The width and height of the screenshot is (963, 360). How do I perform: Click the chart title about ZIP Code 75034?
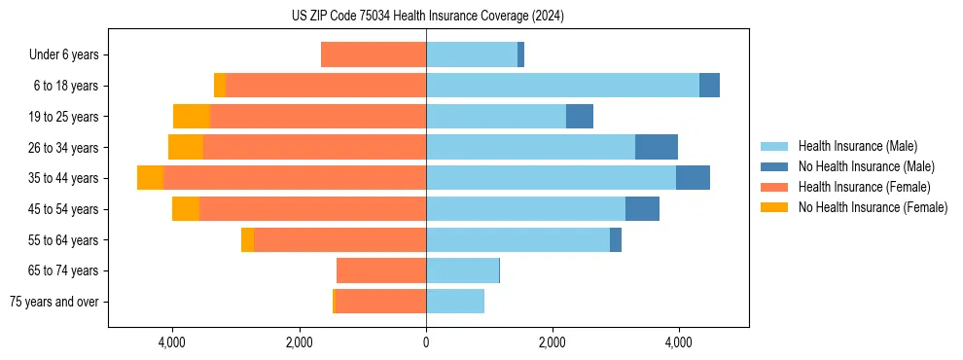coord(427,17)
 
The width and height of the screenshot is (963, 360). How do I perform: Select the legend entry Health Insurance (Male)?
coord(857,146)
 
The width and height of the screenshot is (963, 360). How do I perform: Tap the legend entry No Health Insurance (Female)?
coord(873,207)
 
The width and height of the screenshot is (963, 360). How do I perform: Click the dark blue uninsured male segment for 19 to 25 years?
coord(580,117)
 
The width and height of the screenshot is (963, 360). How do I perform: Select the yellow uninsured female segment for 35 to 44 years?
coord(150,178)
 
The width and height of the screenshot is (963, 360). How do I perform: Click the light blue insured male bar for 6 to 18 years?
coord(562,86)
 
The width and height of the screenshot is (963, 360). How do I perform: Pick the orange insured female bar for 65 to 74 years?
coord(381,270)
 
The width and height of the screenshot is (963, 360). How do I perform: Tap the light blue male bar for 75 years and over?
coord(455,302)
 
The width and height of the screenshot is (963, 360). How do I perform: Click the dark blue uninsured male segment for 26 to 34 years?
coord(657,147)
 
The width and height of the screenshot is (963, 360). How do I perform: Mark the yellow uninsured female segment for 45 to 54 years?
coord(186,209)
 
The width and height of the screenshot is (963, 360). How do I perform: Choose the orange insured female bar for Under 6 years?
coord(374,55)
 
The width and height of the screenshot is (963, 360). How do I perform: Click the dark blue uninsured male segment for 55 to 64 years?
coord(616,239)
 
